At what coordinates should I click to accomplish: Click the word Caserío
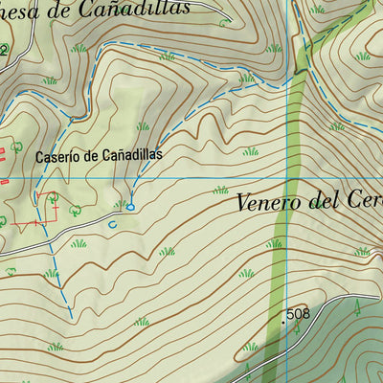56,155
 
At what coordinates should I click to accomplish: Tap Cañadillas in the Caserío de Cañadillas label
128,154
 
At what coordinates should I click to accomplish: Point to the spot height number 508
298,314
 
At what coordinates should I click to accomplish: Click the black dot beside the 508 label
284,322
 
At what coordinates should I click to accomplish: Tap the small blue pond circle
130,205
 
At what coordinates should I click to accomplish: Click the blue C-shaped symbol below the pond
113,224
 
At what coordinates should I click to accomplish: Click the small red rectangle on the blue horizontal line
4,179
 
